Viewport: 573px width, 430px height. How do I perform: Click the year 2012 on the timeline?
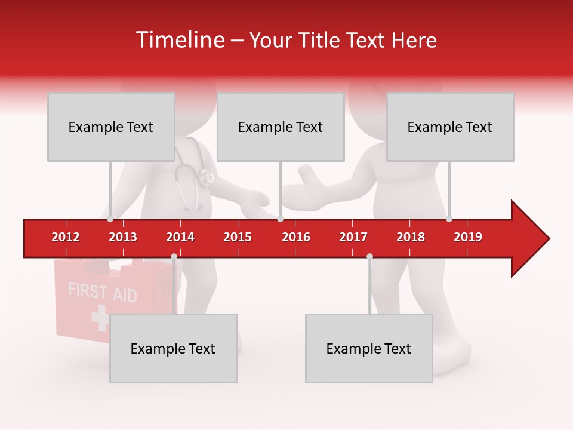[66, 237]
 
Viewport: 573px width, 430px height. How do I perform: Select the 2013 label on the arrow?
[123, 237]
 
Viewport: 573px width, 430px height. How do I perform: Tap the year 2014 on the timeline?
[180, 237]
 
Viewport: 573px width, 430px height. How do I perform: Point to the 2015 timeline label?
[238, 237]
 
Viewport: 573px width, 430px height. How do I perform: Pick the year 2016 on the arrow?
[296, 237]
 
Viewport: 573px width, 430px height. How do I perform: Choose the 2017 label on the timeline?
[353, 237]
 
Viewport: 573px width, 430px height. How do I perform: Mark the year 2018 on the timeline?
[411, 237]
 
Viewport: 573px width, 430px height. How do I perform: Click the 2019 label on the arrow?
[468, 237]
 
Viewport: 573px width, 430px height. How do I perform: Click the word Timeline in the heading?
[179, 40]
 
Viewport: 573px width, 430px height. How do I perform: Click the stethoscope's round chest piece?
[207, 177]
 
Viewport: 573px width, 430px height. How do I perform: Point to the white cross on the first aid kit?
[100, 318]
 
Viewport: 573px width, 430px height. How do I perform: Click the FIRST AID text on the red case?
[102, 293]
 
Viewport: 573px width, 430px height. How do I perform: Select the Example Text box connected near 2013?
[111, 127]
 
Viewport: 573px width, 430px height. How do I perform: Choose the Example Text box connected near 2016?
[281, 127]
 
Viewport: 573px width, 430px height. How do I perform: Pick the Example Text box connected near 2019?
[450, 127]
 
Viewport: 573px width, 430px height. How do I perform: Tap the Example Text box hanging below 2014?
[173, 348]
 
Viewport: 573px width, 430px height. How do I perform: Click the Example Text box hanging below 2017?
[369, 348]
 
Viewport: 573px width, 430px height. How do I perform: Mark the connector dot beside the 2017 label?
[369, 257]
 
